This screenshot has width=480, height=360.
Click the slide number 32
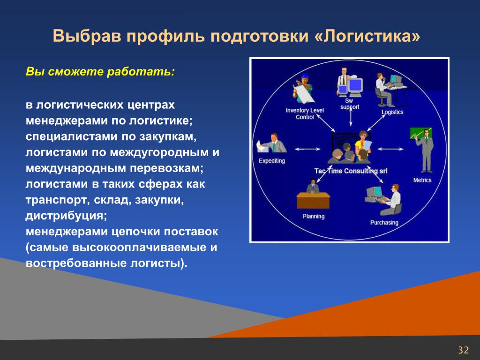pos(463,350)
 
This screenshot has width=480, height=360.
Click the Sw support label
pos(350,104)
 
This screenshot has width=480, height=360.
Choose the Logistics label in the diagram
pos(392,112)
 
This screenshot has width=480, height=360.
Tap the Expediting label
pos(271,161)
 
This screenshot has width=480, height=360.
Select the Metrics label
pos(422,180)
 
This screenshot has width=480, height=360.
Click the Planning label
pos(313,217)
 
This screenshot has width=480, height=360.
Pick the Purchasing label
pos(384,223)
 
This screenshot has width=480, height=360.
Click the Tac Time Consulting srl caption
pos(351,171)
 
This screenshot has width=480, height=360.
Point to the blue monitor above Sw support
pos(355,85)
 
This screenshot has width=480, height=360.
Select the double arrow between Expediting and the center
pos(307,150)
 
